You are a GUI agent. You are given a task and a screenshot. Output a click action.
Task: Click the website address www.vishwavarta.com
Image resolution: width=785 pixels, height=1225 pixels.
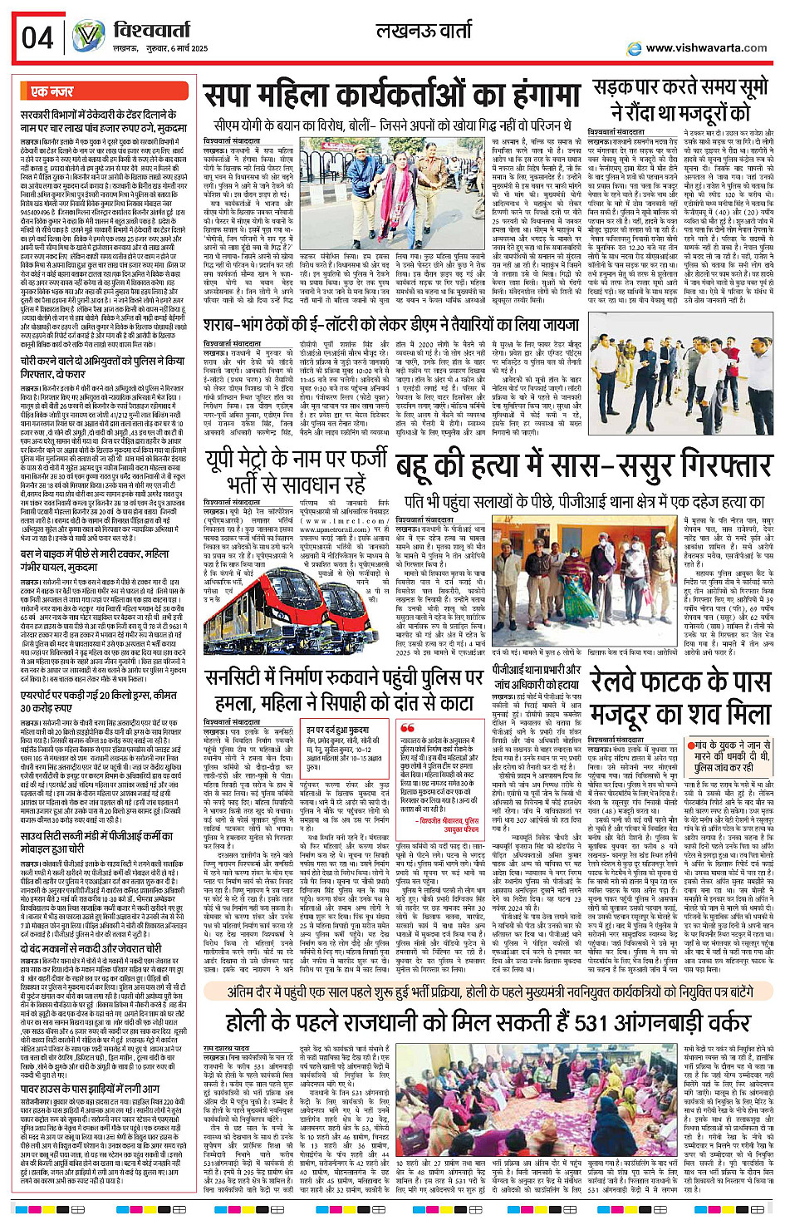tap(706, 48)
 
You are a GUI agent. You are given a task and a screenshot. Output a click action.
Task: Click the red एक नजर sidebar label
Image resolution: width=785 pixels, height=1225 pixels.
tap(52, 91)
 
